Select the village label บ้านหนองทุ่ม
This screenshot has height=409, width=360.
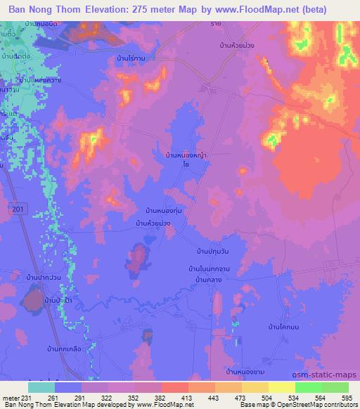click(164, 210)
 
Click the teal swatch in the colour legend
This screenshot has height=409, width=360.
click(41, 387)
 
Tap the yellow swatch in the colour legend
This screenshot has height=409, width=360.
click(281, 387)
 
